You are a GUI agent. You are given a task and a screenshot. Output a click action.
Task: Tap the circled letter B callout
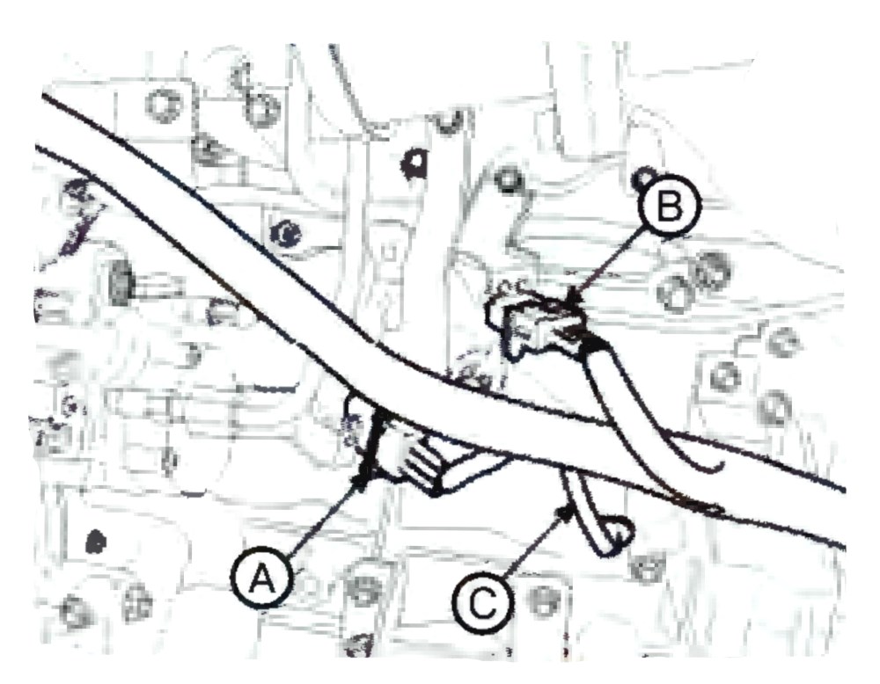(670, 207)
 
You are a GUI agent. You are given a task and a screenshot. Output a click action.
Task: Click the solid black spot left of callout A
(96, 542)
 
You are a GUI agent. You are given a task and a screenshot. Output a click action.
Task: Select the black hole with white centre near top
(416, 162)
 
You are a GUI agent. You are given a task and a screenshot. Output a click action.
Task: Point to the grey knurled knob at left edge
(120, 284)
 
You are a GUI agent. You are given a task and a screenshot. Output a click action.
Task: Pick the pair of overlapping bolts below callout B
(695, 280)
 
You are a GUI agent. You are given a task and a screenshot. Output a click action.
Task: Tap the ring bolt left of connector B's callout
(509, 180)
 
